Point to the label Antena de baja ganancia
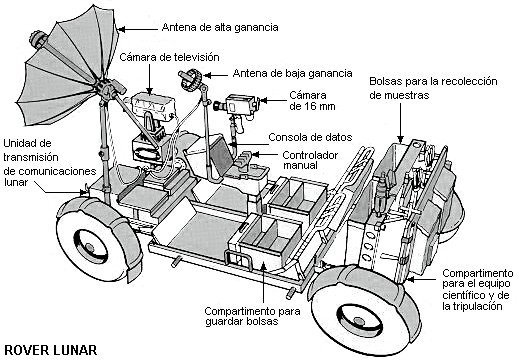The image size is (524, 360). [x=291, y=74]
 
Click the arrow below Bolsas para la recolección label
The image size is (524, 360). [x=402, y=130]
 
